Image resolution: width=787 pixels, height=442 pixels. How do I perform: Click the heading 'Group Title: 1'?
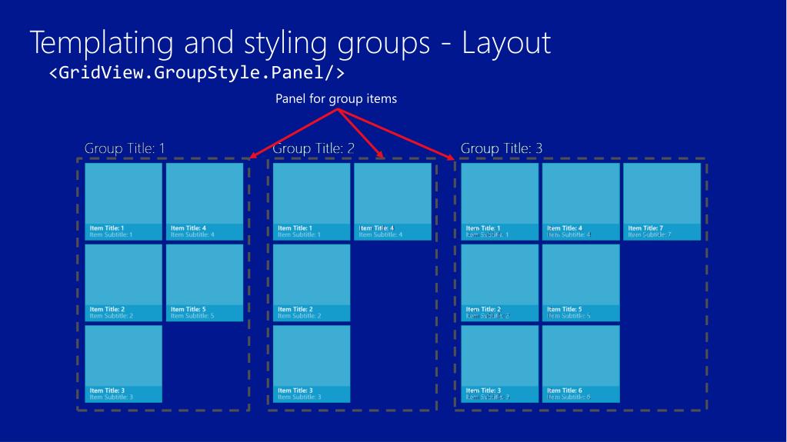[125, 148]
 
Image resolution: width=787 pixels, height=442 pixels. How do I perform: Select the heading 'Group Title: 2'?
[313, 148]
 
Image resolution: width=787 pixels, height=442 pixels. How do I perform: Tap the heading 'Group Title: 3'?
[502, 148]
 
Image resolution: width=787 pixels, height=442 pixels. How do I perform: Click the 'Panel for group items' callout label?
[336, 98]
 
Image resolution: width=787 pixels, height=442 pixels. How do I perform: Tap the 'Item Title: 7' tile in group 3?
[662, 201]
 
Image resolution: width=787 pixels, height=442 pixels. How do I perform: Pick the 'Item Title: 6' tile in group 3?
[580, 364]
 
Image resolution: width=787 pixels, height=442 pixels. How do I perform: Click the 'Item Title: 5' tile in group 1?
[205, 282]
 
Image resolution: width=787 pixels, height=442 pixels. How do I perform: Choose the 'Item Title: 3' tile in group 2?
[312, 364]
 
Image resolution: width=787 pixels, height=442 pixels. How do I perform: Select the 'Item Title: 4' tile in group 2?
[392, 201]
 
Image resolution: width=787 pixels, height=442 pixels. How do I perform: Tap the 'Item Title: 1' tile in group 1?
[123, 201]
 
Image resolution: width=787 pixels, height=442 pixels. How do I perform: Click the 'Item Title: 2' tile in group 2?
[312, 282]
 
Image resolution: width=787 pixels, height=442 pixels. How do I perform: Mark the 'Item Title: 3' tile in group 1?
[123, 364]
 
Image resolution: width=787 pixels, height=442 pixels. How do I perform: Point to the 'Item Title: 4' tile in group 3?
[580, 201]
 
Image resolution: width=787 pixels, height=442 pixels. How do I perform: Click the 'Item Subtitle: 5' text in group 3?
[569, 316]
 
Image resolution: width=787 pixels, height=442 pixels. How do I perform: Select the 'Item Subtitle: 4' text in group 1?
[192, 234]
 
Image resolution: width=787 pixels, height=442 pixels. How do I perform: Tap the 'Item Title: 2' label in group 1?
[106, 309]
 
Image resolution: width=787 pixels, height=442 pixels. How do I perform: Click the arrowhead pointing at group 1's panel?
[246, 158]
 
